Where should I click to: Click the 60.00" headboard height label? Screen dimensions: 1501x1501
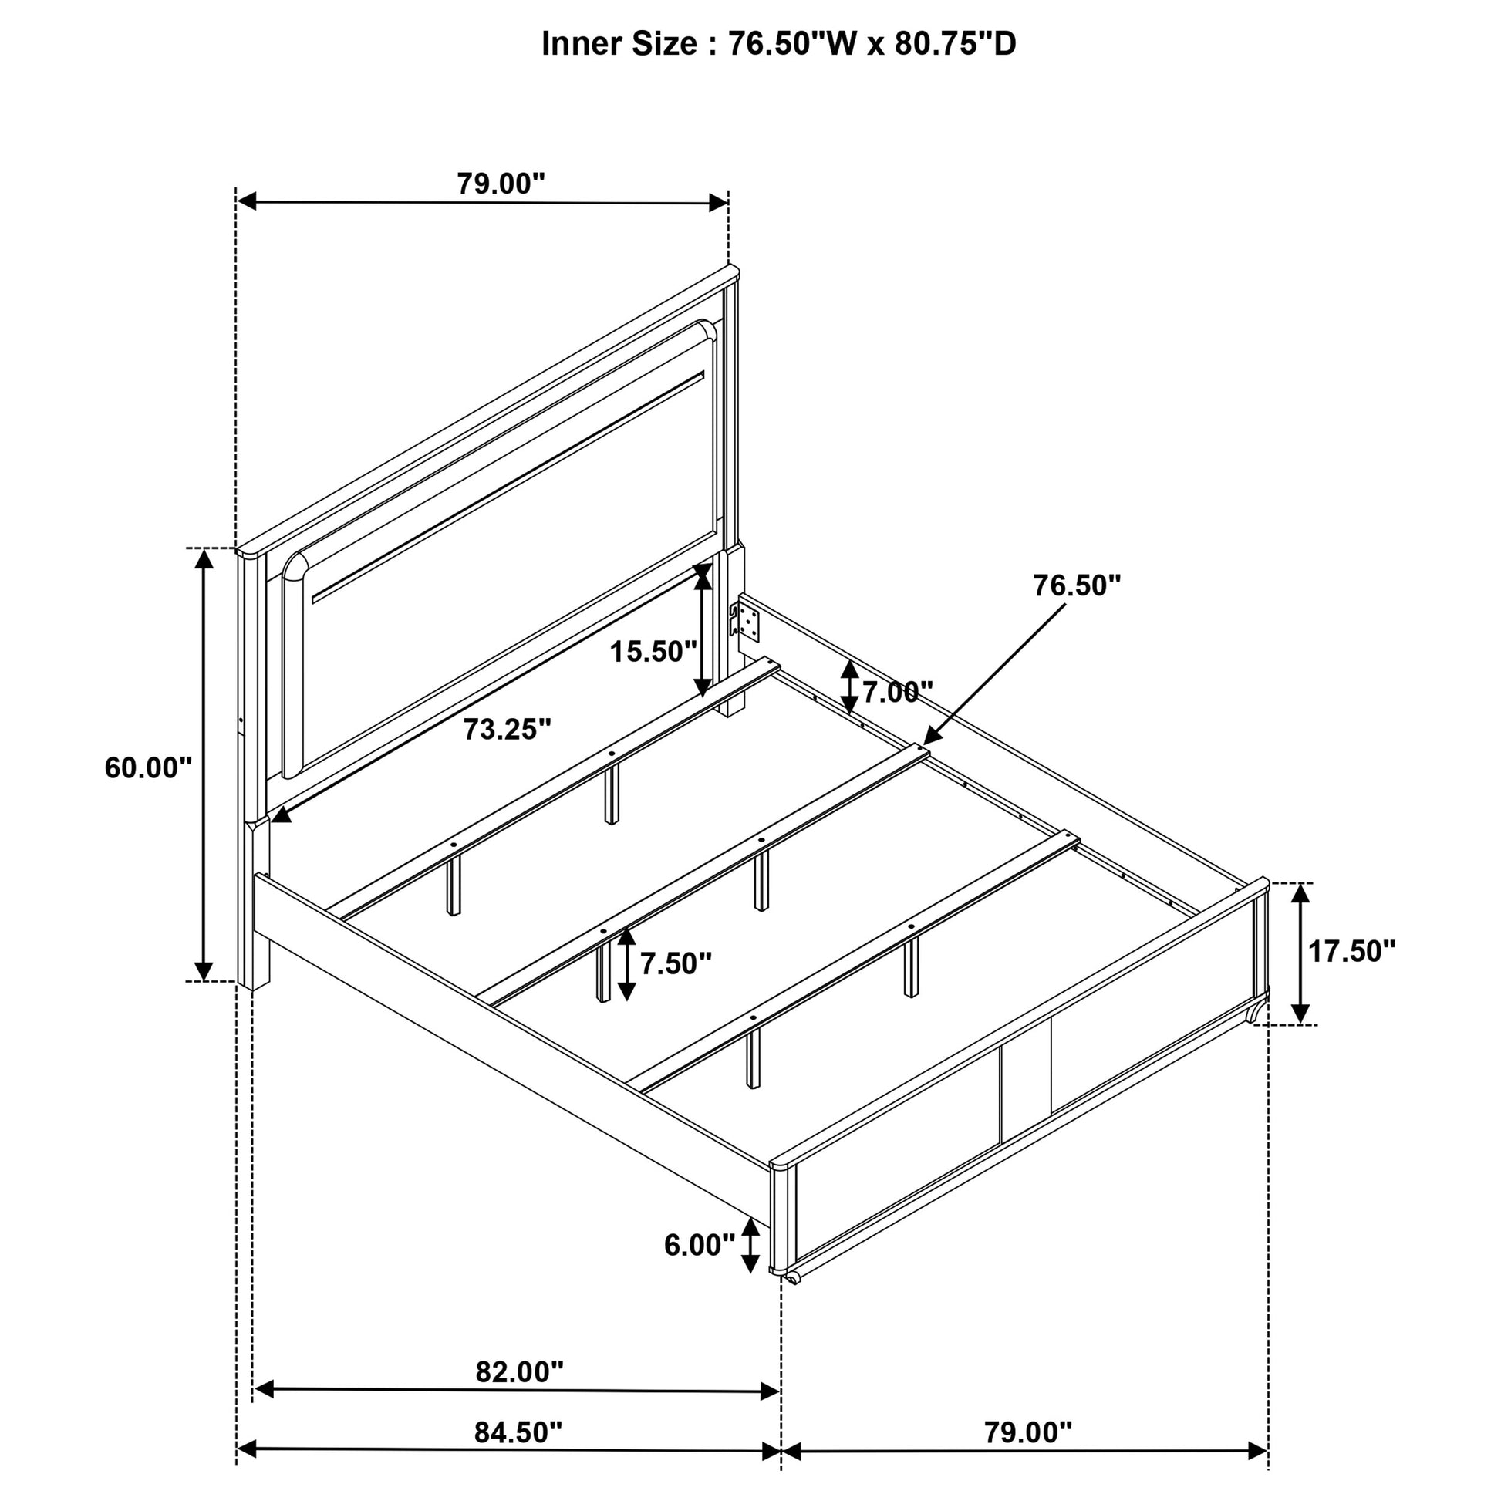[x=148, y=768]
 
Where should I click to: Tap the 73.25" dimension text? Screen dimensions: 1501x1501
[x=508, y=730]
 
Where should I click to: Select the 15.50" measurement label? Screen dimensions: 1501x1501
[x=653, y=651]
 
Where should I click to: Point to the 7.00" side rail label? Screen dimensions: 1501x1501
[x=897, y=691]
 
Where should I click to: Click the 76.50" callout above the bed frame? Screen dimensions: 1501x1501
[x=1077, y=585]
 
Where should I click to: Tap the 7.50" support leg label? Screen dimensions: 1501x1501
[x=676, y=963]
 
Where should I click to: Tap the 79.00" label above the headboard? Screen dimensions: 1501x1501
[x=501, y=184]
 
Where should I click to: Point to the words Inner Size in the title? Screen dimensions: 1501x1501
[x=619, y=44]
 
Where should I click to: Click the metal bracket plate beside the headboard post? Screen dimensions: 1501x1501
[x=747, y=622]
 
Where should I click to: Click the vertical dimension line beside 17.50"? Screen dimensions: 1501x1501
[x=1300, y=953]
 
